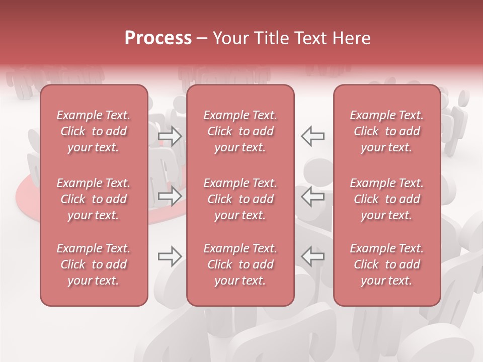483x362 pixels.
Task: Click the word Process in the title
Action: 158,38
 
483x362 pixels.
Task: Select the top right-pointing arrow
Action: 170,136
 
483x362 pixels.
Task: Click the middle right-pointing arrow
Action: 170,197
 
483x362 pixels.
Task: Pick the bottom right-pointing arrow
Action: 170,256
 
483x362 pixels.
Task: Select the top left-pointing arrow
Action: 313,136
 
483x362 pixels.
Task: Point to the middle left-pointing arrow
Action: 313,197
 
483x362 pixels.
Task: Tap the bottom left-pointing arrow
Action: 313,256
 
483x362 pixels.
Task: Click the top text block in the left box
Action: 94,131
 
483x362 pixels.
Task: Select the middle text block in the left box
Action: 94,199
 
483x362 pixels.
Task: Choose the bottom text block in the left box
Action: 94,264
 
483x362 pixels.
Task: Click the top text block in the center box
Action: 240,131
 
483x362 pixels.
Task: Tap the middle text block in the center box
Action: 240,199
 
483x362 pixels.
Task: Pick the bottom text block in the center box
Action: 240,264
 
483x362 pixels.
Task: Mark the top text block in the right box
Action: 387,131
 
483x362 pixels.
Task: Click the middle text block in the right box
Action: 387,199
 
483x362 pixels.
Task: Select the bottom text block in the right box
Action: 387,264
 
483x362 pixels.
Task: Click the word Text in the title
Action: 311,38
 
